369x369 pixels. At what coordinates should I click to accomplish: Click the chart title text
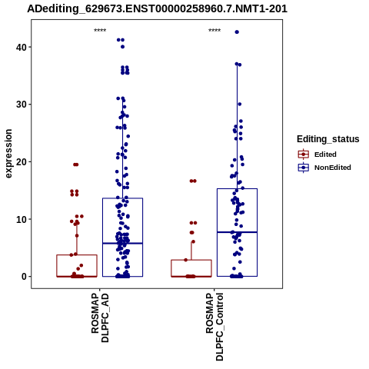pos(157,9)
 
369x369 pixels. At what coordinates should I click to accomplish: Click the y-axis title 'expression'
pos(8,154)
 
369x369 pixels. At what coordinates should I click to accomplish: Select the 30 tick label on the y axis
pos(21,105)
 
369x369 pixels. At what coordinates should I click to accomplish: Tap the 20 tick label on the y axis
pos(21,161)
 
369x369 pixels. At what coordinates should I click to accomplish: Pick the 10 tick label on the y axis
pos(21,219)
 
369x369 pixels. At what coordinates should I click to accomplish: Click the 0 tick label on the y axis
pos(24,277)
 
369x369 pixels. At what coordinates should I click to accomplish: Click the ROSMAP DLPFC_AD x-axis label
pos(100,318)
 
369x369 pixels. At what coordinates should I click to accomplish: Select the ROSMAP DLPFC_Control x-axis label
pos(214,327)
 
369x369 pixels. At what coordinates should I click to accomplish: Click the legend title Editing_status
pos(328,139)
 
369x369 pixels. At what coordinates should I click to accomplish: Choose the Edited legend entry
pos(317,155)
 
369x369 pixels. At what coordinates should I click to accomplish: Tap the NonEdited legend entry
pos(324,168)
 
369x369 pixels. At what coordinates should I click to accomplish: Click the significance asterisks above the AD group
pos(100,31)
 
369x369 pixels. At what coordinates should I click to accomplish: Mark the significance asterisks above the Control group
pos(214,31)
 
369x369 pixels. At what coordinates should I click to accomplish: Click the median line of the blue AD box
pos(122,243)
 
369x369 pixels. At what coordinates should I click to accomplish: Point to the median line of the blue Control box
pos(237,232)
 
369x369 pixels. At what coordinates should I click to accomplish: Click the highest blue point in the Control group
pos(237,32)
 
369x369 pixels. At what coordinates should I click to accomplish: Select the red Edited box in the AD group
pos(77,266)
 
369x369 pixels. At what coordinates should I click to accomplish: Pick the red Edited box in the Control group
pos(191,268)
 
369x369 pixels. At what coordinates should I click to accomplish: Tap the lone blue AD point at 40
pos(122,47)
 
